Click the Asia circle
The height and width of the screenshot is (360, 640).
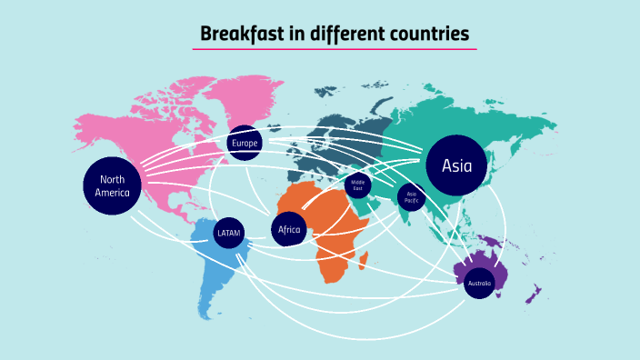pos(456,165)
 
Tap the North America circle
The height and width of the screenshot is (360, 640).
pos(113,185)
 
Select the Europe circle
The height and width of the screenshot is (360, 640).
pos(245,143)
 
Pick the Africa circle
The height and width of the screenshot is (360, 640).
pos(289,229)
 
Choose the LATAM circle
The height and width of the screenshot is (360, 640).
pos(228,234)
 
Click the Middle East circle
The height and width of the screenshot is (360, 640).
pos(357,185)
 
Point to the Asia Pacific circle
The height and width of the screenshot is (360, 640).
pos(411,195)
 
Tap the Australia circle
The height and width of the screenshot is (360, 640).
pos(479,284)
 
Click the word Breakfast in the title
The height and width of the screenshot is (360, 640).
pos(239,35)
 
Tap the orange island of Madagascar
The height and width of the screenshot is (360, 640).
pos(364,262)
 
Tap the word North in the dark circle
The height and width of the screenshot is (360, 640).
pos(113,179)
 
